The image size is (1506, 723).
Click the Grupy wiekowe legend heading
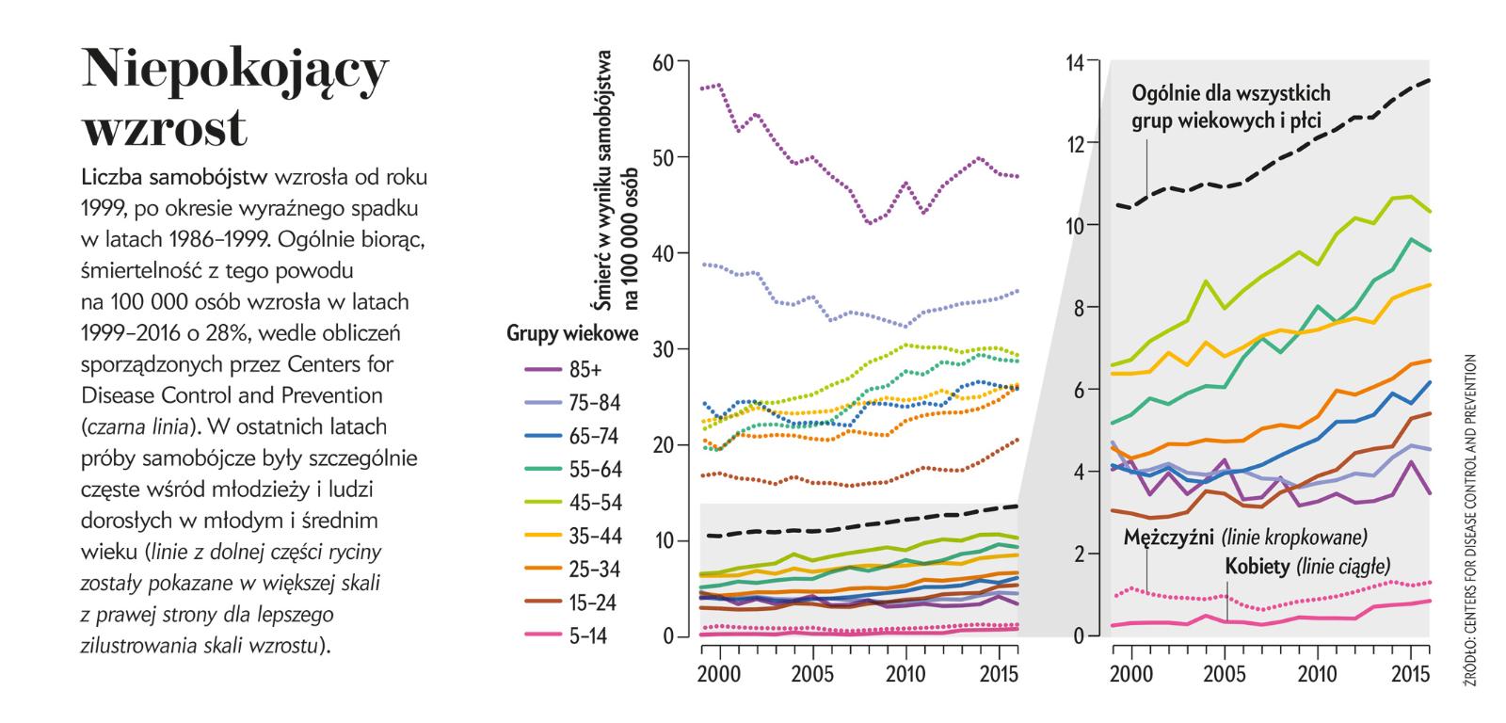[x=572, y=333]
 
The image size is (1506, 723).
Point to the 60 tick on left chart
[x=663, y=62]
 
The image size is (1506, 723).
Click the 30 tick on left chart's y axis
[x=663, y=349]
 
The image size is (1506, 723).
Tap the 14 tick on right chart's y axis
[x=1075, y=62]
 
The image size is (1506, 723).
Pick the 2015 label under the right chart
[x=1410, y=676]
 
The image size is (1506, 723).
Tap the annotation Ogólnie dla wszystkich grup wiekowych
[x=1232, y=106]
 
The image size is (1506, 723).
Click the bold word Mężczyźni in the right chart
[x=1169, y=538]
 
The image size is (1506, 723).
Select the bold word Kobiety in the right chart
[x=1258, y=567]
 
